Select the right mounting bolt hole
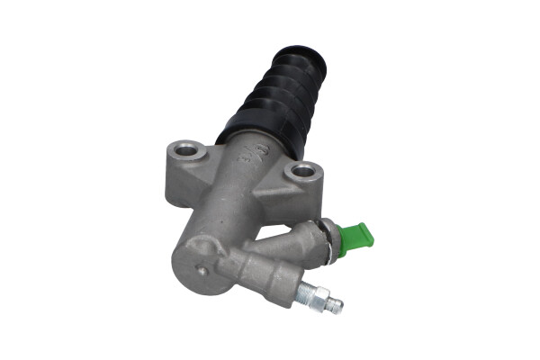click(302, 170)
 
